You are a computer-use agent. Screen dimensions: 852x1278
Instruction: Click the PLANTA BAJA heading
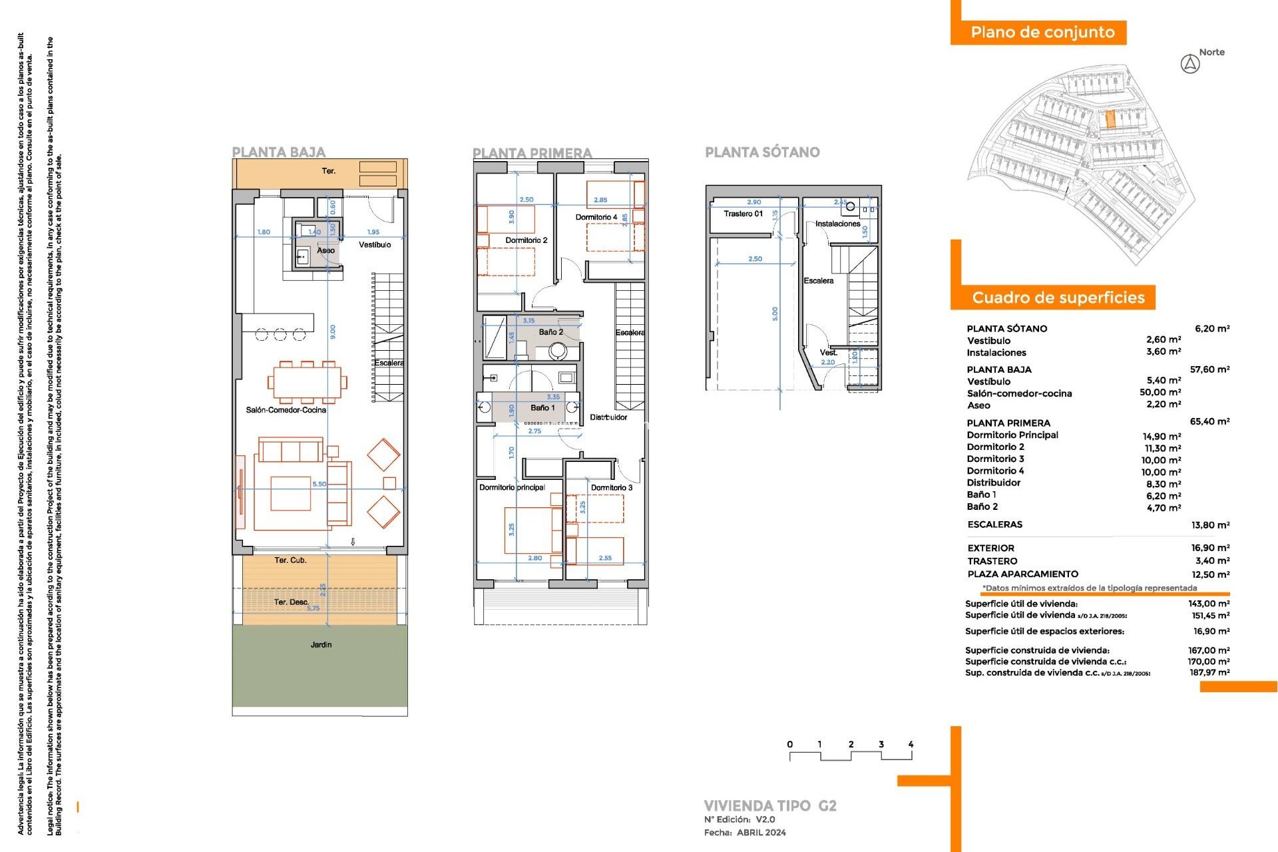[x=278, y=152]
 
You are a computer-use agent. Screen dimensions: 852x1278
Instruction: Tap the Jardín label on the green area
[x=321, y=644]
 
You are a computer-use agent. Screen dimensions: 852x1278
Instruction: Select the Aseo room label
[x=325, y=250]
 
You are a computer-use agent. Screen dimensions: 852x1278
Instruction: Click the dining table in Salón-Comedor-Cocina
[x=307, y=382]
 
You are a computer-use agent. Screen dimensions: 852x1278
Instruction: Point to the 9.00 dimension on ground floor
[x=333, y=331]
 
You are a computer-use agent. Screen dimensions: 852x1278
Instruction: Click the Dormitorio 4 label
[x=596, y=217]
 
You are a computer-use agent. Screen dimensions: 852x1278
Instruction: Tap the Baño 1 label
[x=542, y=407]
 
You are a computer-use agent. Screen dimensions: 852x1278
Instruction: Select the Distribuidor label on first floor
[x=608, y=417]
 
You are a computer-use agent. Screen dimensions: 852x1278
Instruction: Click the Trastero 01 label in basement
[x=743, y=214]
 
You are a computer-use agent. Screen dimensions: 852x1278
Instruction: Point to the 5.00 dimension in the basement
[x=774, y=313]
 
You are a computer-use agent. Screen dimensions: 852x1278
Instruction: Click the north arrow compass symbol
[x=1190, y=65]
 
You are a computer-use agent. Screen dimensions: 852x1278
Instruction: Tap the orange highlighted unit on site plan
[x=1110, y=119]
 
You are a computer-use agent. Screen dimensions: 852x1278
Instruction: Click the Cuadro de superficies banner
[x=1058, y=298]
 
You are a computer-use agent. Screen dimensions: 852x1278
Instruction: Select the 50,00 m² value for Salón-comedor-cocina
[x=1160, y=393]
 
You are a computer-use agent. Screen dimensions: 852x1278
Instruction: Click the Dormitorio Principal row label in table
[x=1012, y=435]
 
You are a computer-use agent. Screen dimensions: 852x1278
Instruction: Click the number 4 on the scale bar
[x=910, y=744]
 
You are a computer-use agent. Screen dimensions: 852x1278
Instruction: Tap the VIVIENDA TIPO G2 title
[x=769, y=805]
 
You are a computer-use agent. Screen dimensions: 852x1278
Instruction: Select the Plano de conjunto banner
[x=1042, y=32]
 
